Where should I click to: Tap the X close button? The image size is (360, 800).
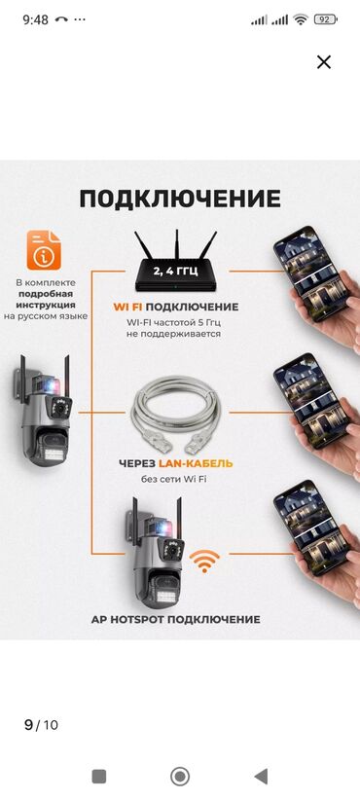pyautogui.click(x=324, y=62)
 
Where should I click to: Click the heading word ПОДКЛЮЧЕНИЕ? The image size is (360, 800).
pyautogui.click(x=180, y=199)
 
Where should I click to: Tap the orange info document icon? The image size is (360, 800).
pyautogui.click(x=44, y=250)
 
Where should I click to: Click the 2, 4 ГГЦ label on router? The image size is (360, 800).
pyautogui.click(x=175, y=271)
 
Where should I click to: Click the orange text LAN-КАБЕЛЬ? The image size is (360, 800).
pyautogui.click(x=203, y=464)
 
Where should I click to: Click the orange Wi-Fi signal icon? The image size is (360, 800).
pyautogui.click(x=204, y=561)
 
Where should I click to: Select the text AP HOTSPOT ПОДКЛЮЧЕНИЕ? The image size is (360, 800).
pyautogui.click(x=176, y=619)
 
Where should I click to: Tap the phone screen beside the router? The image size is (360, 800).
pyautogui.click(x=311, y=273)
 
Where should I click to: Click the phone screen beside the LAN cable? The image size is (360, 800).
pyautogui.click(x=311, y=401)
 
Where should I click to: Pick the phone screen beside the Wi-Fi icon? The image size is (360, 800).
pyautogui.click(x=311, y=528)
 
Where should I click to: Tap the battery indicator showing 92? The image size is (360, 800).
pyautogui.click(x=325, y=19)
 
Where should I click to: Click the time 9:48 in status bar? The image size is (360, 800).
pyautogui.click(x=36, y=19)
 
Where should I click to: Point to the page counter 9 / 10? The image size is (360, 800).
pyautogui.click(x=41, y=725)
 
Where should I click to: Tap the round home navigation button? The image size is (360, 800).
pyautogui.click(x=179, y=777)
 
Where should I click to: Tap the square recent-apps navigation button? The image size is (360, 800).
pyautogui.click(x=99, y=777)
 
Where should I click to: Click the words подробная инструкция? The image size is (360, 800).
pyautogui.click(x=47, y=300)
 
